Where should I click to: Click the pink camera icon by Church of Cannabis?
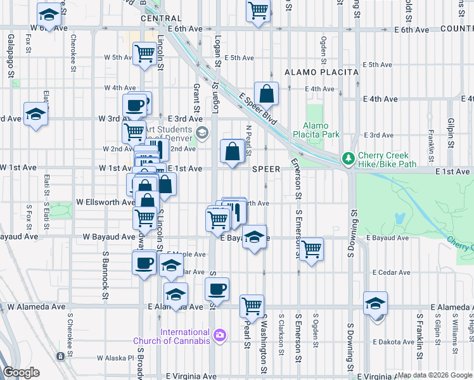pyautogui.click(x=219, y=334)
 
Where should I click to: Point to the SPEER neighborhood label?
pyautogui.click(x=266, y=169)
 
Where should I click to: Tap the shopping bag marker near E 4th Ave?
pyautogui.click(x=267, y=93)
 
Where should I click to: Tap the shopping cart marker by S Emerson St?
pyautogui.click(x=311, y=250)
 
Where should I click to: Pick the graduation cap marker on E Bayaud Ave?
pyautogui.click(x=254, y=237)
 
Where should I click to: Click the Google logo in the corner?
pyautogui.click(x=21, y=372)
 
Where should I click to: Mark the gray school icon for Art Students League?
pyautogui.click(x=202, y=132)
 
